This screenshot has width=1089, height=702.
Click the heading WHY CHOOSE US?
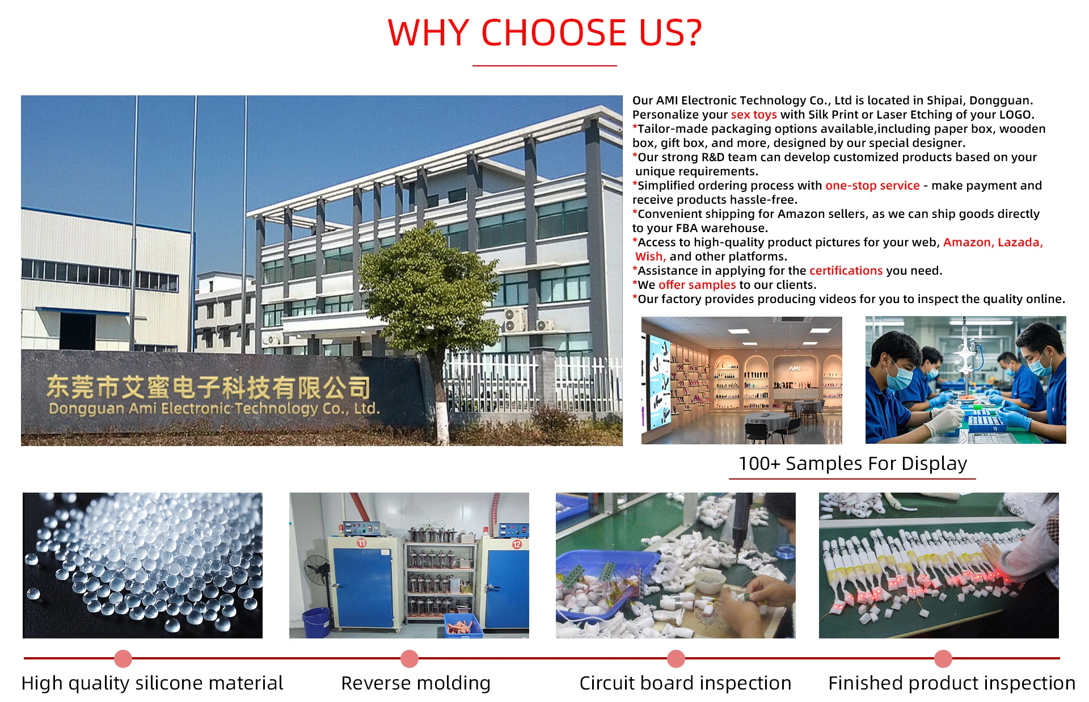544,32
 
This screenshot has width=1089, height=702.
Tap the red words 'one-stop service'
872,186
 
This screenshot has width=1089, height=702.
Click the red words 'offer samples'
697,285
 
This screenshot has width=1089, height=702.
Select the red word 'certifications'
846,271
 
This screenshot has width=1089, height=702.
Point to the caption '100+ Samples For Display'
852,464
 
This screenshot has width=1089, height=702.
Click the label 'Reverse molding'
416,683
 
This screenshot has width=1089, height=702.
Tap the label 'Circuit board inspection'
685,683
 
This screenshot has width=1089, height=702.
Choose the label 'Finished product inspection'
952,683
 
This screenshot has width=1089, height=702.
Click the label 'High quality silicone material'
152,683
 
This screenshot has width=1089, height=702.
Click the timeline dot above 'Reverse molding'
409,659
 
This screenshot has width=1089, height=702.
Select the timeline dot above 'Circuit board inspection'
676,659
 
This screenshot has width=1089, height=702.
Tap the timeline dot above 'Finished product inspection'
943,659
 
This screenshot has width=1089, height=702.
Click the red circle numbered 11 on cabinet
362,543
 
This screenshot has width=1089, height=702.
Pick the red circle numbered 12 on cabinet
517,544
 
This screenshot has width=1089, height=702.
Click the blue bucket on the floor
316,623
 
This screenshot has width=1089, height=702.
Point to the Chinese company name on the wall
208,387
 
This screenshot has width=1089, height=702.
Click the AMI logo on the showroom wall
795,369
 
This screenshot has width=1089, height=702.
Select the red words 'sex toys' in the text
754,115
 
